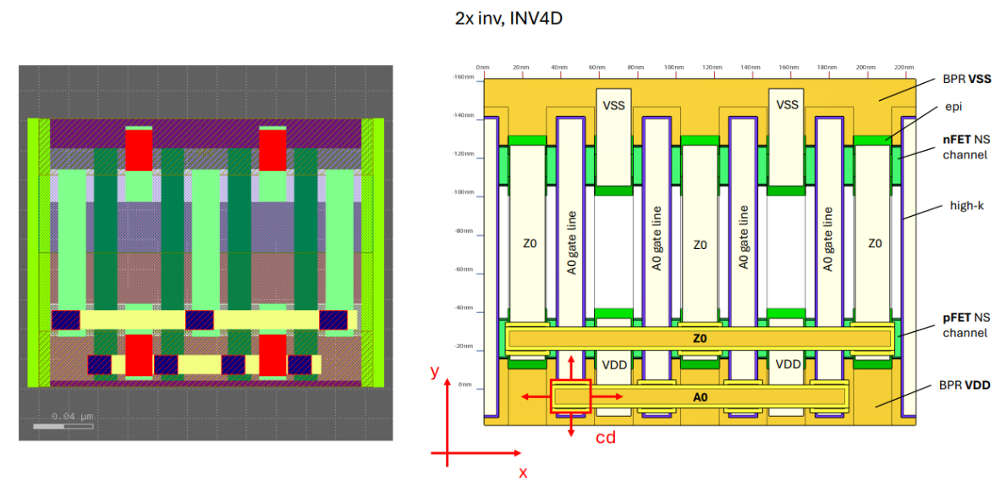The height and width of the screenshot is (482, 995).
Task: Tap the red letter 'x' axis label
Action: tap(523, 472)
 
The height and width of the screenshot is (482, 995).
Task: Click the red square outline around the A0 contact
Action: tap(571, 396)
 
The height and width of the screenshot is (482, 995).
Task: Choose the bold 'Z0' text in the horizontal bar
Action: tap(699, 338)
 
